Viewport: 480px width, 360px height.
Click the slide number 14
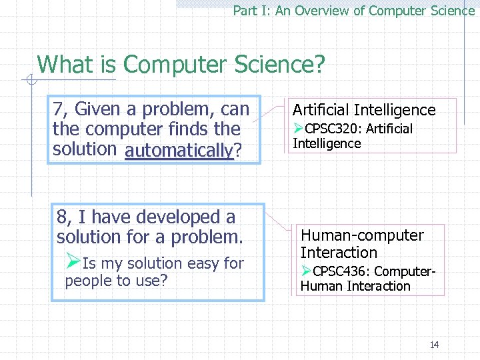click(434, 345)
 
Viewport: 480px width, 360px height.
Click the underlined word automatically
click(179, 150)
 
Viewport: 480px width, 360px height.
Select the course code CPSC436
click(339, 271)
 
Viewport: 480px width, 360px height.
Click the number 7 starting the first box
click(59, 109)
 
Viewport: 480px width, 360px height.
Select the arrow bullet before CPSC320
click(299, 128)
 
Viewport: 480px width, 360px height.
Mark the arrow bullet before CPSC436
click(306, 271)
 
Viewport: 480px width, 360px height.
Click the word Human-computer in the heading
click(362, 235)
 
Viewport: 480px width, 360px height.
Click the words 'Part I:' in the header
click(247, 11)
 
